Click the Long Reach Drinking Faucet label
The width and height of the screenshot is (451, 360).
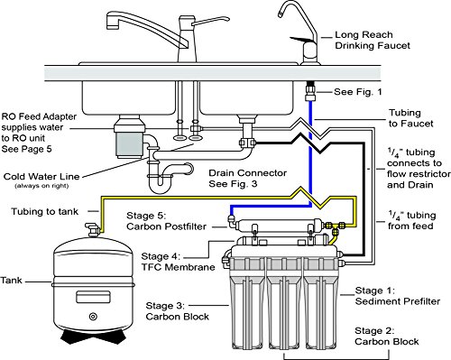tap(373, 41)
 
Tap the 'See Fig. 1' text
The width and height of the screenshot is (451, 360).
tap(358, 92)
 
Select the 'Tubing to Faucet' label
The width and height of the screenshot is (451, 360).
tap(410, 118)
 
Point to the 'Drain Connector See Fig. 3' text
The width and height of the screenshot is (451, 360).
tap(247, 179)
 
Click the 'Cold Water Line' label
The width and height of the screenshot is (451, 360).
tap(41, 177)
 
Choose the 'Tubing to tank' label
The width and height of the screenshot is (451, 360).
tap(44, 211)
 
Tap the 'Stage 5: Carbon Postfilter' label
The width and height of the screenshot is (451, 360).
tap(166, 221)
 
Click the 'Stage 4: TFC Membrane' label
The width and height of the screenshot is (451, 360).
tap(178, 262)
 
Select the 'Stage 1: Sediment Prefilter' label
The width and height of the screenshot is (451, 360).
tap(398, 296)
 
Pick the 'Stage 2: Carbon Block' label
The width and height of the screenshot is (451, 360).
tap(386, 337)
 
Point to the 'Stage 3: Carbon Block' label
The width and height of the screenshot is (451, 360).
tap(177, 311)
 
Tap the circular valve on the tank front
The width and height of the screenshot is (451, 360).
tap(93, 317)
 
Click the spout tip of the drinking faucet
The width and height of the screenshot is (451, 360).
tap(280, 15)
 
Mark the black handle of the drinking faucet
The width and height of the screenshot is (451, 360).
tap(299, 40)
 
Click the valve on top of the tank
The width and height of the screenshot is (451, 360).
tap(92, 230)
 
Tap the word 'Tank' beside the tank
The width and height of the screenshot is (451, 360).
tap(11, 281)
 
